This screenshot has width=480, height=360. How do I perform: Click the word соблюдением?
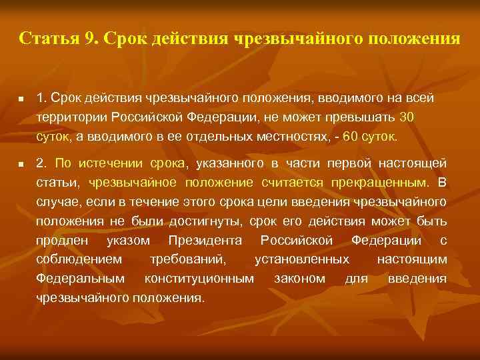click(79, 259)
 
